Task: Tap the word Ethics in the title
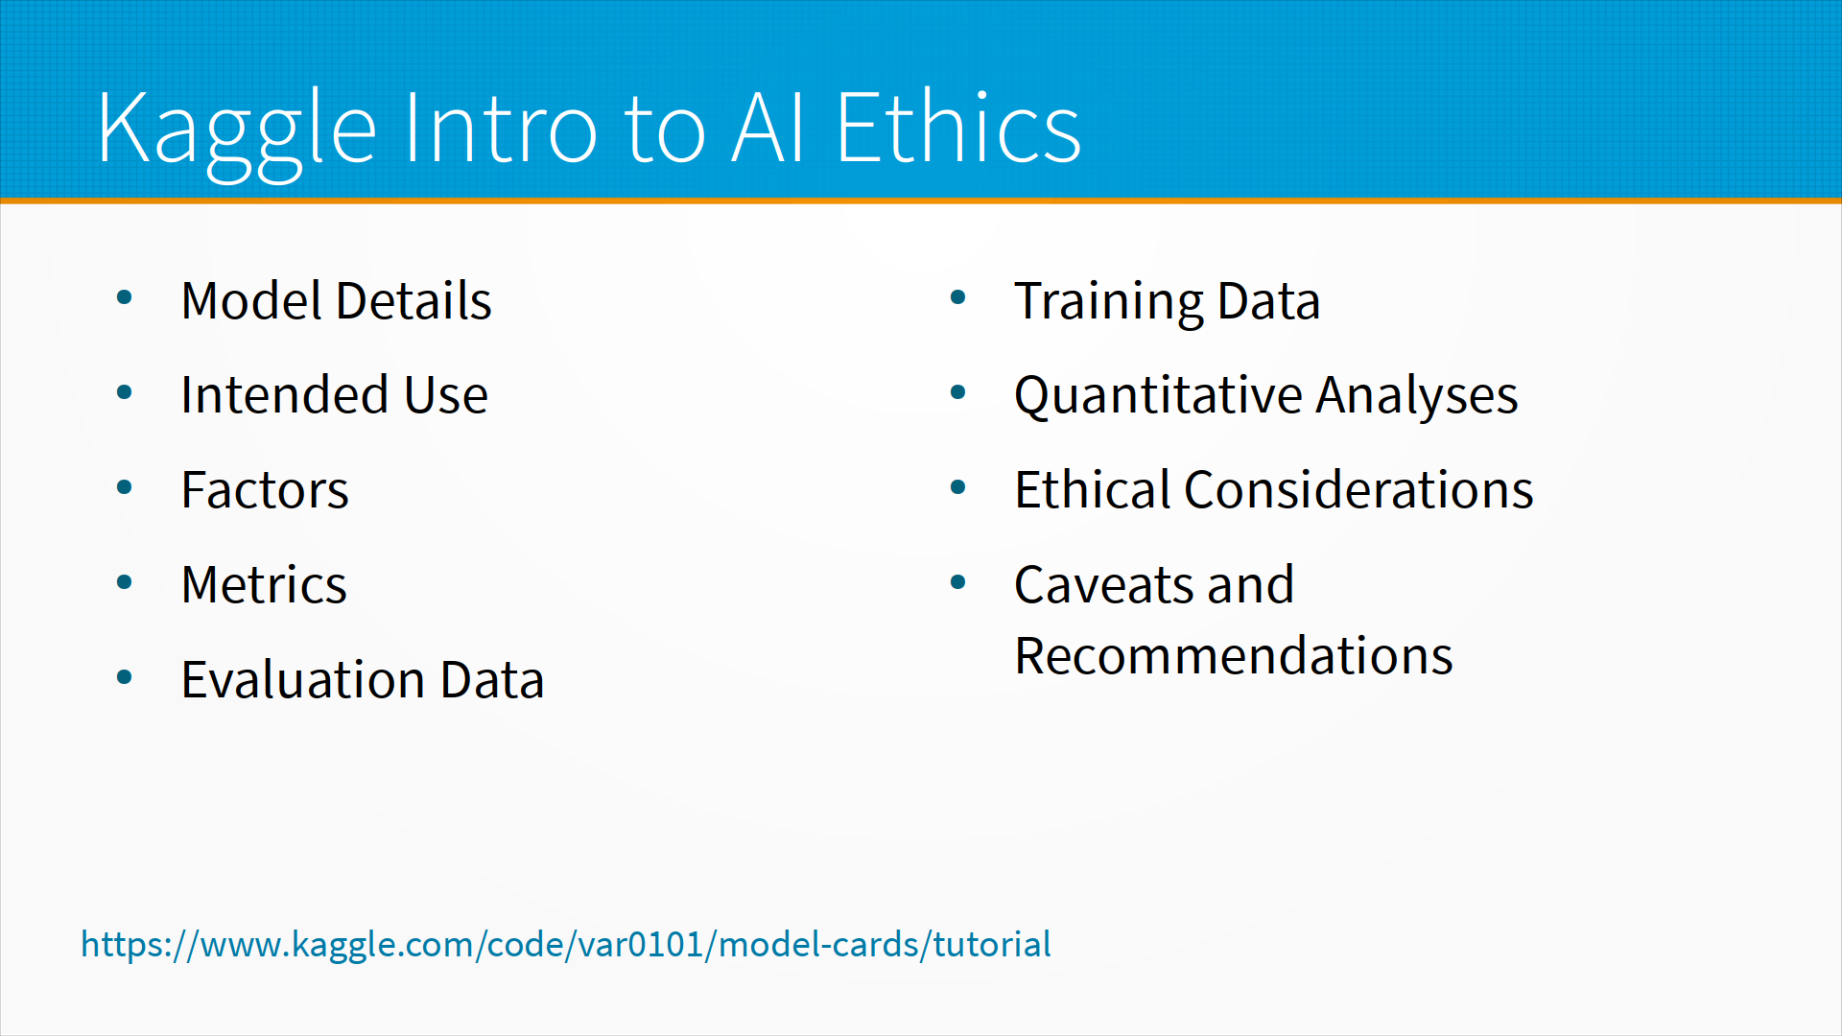tap(958, 127)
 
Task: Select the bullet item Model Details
tap(336, 300)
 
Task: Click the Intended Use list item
tap(335, 394)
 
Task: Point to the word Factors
tap(265, 489)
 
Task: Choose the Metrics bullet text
tap(264, 584)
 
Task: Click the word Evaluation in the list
tap(303, 679)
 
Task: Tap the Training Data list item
tap(1168, 302)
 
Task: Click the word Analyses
tap(1417, 396)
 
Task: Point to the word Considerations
tap(1358, 489)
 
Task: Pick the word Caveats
tap(1104, 584)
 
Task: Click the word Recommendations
tap(1234, 656)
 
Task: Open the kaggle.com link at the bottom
tap(566, 945)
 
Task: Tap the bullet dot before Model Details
tap(124, 297)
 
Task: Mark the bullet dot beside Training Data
tap(957, 297)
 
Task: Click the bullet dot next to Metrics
tap(124, 582)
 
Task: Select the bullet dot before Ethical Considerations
tap(957, 487)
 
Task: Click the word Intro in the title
tap(500, 127)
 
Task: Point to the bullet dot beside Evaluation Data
tap(124, 677)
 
